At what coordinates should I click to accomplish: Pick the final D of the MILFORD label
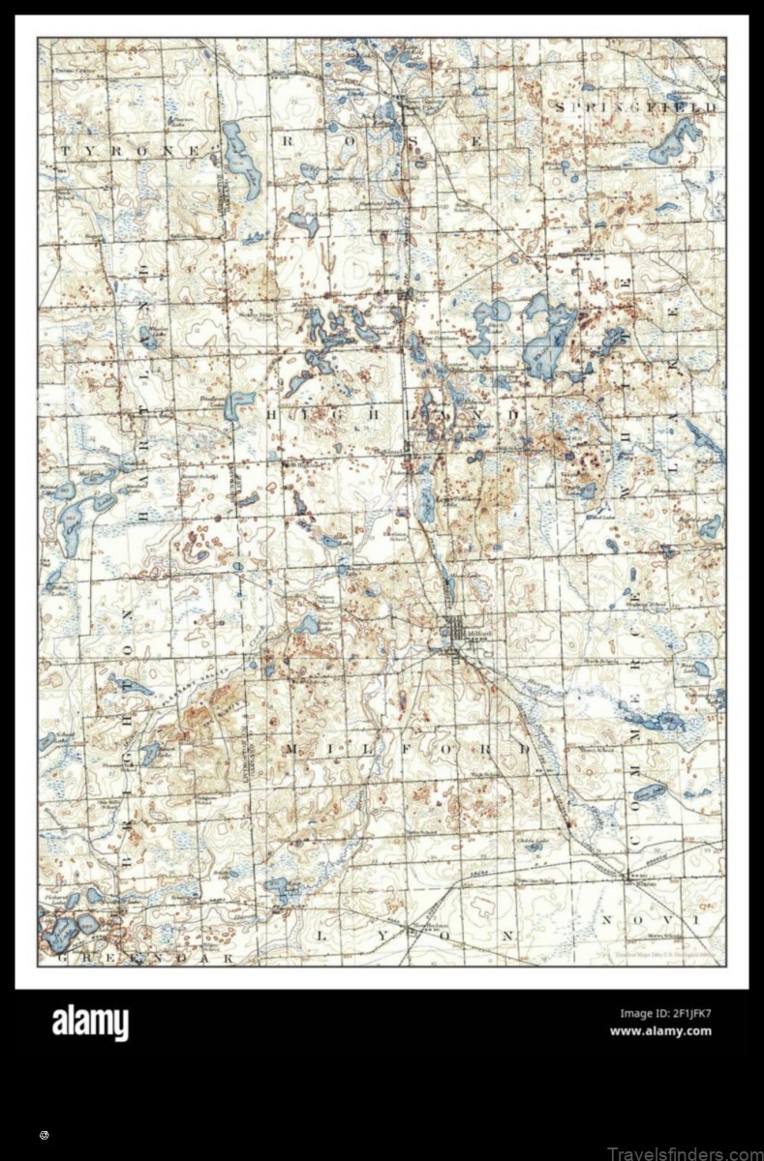pyautogui.click(x=524, y=749)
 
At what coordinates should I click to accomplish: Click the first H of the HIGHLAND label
pyautogui.click(x=270, y=413)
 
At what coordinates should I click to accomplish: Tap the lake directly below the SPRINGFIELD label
pyautogui.click(x=675, y=143)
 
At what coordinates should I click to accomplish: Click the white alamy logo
pyautogui.click(x=90, y=1023)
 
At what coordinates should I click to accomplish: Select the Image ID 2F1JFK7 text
pyautogui.click(x=665, y=1014)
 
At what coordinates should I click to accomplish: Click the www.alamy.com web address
pyautogui.click(x=660, y=1031)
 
